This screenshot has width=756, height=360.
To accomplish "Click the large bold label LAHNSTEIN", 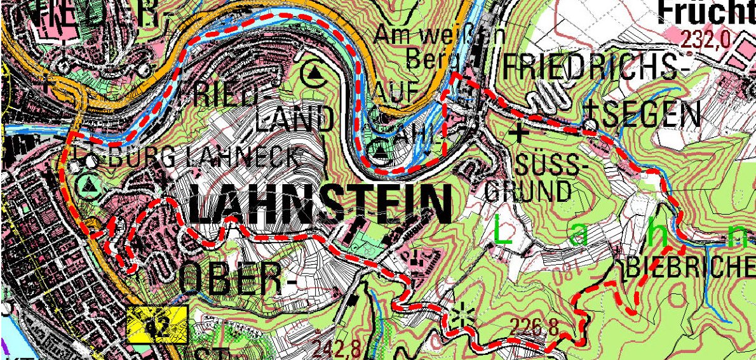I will (x=320, y=207).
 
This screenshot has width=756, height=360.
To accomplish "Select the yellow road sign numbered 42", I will (x=158, y=325).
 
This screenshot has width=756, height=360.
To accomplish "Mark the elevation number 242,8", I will (x=337, y=348).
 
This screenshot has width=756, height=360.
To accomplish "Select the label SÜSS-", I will (x=548, y=166).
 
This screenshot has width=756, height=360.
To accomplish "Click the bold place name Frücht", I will (x=705, y=10).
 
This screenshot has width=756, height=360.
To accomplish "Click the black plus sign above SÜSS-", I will (x=520, y=133).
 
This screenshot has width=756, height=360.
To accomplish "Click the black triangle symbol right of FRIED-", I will (x=314, y=74).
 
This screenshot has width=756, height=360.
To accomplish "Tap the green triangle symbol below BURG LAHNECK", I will (x=89, y=185).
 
